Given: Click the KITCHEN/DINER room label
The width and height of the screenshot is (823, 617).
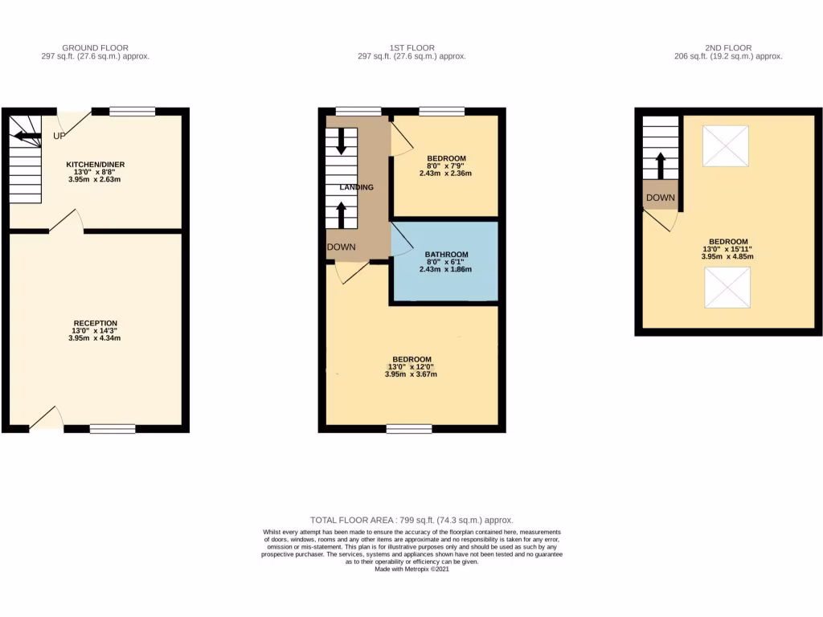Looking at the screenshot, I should click(x=95, y=164).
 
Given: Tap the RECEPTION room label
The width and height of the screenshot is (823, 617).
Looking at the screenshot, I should click(x=95, y=323).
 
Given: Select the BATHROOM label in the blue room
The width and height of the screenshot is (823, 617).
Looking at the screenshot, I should click(x=446, y=255).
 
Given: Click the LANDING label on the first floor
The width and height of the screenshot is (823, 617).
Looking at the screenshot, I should click(x=356, y=187).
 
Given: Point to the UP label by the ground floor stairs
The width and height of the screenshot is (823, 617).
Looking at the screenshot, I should click(x=59, y=136).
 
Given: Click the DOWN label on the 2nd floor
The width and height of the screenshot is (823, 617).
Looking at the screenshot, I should click(x=661, y=198).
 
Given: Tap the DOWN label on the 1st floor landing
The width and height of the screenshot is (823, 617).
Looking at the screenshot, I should click(x=342, y=247).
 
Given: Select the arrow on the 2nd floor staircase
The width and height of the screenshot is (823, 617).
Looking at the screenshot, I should click(x=661, y=165).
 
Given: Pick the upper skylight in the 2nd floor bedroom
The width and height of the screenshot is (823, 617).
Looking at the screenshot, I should click(x=725, y=146).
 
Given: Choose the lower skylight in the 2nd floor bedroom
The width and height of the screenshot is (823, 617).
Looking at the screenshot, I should click(x=727, y=288).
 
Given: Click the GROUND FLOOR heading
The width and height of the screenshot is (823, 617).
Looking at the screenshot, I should click(x=95, y=48).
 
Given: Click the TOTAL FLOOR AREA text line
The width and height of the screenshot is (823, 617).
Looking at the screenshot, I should click(x=411, y=521).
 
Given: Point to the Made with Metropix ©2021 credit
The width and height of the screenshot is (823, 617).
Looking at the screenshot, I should click(x=411, y=569).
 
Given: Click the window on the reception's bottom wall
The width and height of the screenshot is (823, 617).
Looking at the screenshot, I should click(x=112, y=430).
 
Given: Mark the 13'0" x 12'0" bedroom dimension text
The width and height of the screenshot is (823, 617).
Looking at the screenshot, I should click(x=411, y=367).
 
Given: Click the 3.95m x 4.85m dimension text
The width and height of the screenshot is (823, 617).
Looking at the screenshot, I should click(x=727, y=257).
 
